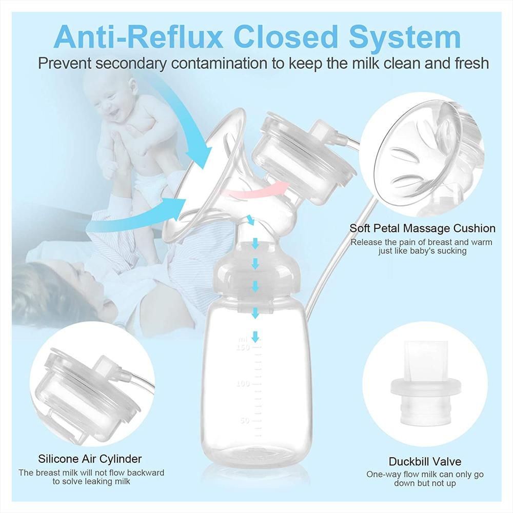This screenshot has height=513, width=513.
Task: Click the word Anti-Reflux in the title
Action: pos(139,36)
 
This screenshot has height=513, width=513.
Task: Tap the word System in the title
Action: pos(405,37)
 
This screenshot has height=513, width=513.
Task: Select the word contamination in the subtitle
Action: pos(219,64)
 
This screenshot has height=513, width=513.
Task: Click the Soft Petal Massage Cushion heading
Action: pos(422,228)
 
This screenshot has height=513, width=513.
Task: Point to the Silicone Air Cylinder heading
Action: pos(90,459)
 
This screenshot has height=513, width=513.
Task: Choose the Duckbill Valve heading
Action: pos(425,461)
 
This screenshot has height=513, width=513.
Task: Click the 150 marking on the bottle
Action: pos(243,347)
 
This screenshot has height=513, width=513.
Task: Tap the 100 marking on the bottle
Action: pos(243,383)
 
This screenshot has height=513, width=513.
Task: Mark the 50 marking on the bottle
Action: pos(245,420)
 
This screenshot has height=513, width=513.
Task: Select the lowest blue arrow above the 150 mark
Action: pos(255,336)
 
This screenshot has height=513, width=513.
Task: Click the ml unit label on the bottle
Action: pos(243,340)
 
